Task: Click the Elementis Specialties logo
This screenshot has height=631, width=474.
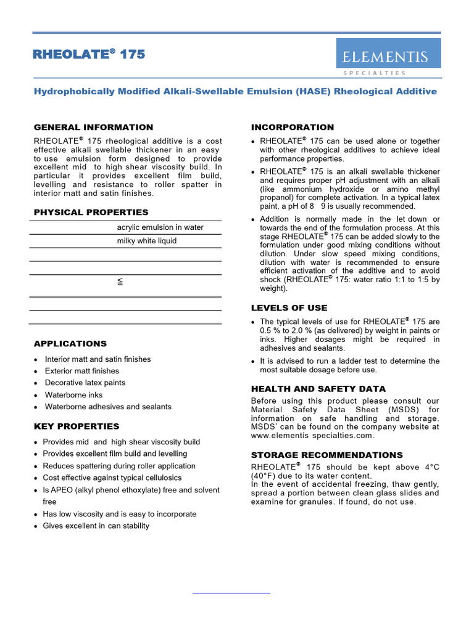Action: [388, 57]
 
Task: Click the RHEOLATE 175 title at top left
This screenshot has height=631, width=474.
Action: [89, 54]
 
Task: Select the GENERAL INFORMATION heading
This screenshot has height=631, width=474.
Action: [93, 127]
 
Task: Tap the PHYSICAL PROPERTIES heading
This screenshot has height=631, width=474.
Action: [91, 212]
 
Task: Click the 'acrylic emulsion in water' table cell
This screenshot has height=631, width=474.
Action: [160, 227]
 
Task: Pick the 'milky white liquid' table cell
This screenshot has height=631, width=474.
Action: [147, 241]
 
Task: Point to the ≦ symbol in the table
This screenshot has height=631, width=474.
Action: [121, 282]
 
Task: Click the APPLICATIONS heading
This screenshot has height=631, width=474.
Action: [70, 343]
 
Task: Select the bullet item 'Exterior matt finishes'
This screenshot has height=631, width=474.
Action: [82, 371]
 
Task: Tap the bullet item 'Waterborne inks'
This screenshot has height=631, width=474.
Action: [74, 395]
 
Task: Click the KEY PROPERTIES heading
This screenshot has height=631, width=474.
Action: [77, 426]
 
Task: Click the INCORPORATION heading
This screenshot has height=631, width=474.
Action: [293, 127]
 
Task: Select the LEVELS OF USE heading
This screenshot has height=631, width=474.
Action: [289, 307]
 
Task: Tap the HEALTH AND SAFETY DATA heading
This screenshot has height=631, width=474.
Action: [318, 389]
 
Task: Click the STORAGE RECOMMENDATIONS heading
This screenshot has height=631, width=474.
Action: [326, 455]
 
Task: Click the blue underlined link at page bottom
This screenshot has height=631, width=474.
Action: [231, 592]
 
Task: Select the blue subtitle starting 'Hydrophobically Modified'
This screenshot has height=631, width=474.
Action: [235, 91]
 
